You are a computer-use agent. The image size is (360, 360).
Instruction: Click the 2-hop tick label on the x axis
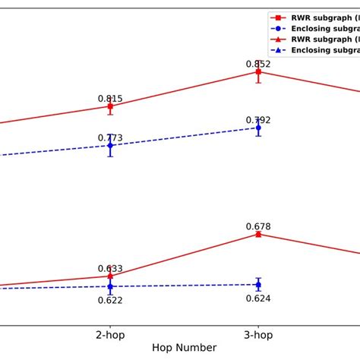pyautogui.click(x=110, y=334)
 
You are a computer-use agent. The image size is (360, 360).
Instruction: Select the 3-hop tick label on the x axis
pyautogui.click(x=258, y=334)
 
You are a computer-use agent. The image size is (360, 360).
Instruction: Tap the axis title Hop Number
pyautogui.click(x=185, y=348)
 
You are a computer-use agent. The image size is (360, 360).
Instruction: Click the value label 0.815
pyautogui.click(x=110, y=99)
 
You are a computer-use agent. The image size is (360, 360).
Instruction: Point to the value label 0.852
pyautogui.click(x=258, y=64)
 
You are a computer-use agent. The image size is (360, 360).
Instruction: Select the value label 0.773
pyautogui.click(x=110, y=137)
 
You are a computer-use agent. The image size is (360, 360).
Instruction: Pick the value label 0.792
pyautogui.click(x=258, y=120)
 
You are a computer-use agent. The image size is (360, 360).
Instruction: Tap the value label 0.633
pyautogui.click(x=110, y=269)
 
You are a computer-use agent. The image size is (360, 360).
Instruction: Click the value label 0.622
pyautogui.click(x=110, y=300)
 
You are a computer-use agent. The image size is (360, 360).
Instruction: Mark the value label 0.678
pyautogui.click(x=258, y=226)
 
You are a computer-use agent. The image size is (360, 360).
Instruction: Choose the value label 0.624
pyautogui.click(x=258, y=298)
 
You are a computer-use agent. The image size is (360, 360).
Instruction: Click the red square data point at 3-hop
pyautogui.click(x=258, y=71)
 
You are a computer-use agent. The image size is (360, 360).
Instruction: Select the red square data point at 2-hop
pyautogui.click(x=110, y=106)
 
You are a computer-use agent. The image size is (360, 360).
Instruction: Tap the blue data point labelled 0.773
pyautogui.click(x=110, y=145)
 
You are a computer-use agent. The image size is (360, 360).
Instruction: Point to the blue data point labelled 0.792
pyautogui.click(x=258, y=128)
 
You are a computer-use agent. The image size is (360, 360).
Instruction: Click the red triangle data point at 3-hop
pyautogui.click(x=258, y=234)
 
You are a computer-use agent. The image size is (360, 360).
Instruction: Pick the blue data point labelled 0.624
pyautogui.click(x=258, y=285)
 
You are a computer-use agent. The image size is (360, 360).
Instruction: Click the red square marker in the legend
pyautogui.click(x=281, y=15)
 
